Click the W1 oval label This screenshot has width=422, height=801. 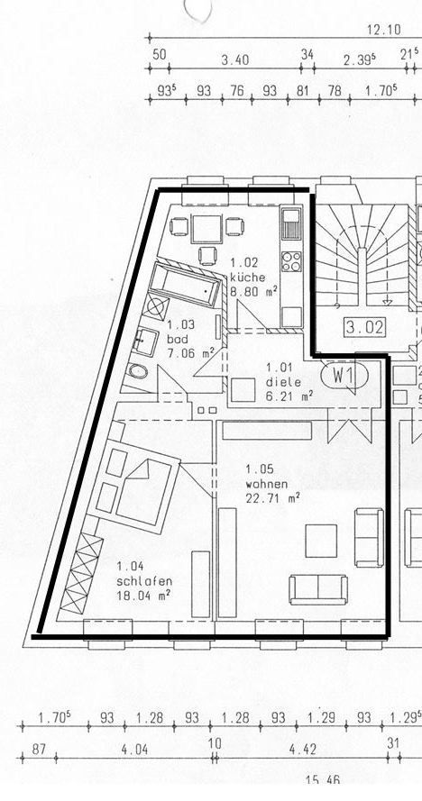tap(344, 376)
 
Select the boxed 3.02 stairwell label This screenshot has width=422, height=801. tap(364, 327)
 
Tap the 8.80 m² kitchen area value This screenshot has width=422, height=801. tap(253, 292)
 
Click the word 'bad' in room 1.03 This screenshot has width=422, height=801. tap(178, 339)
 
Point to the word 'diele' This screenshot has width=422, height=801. tap(283, 382)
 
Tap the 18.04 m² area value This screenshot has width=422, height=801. tap(143, 594)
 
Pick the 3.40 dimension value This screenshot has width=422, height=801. tap(234, 60)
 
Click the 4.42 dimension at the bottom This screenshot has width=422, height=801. tap(303, 750)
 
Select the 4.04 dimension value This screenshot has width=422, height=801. tap(134, 750)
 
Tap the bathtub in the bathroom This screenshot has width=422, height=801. tap(185, 284)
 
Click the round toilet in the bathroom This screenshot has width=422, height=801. tap(137, 371)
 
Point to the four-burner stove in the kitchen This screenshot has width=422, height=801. tap(291, 261)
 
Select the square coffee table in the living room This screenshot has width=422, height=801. tap(321, 541)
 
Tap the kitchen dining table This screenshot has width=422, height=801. tap(206, 230)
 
